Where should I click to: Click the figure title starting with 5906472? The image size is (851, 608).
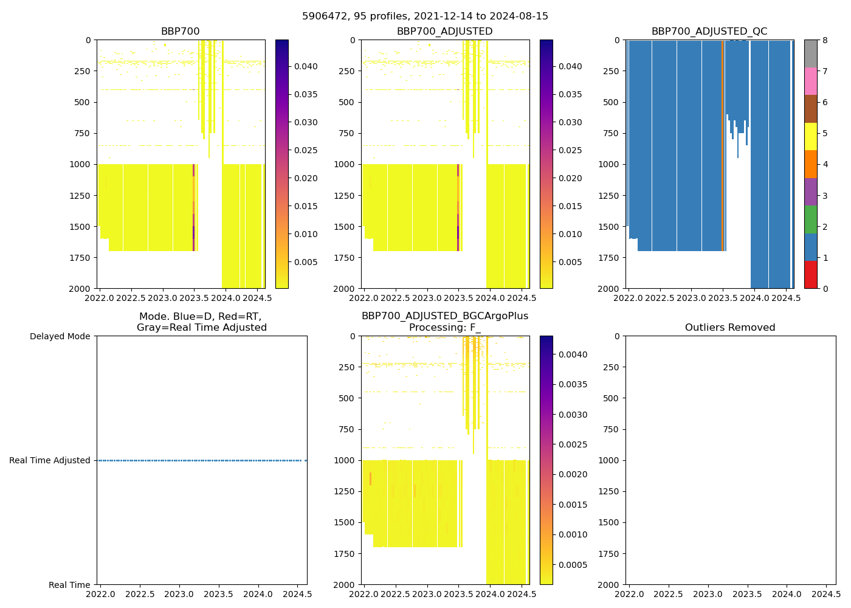pos(425,16)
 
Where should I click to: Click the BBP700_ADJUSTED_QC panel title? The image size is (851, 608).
pos(709,32)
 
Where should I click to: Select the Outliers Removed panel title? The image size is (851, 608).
pos(729,328)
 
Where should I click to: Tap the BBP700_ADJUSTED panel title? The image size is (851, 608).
pos(444,32)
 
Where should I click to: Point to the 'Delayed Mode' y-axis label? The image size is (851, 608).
pos(60,336)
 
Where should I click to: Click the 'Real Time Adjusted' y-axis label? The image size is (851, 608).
pos(49,460)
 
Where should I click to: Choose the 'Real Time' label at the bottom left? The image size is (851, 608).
pos(69,585)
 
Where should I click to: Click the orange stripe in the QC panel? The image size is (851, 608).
pos(722,146)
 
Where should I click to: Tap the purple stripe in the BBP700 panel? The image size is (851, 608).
pos(194,231)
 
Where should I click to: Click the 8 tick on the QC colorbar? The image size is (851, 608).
pos(824,40)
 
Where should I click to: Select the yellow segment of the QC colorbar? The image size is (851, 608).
pos(810,136)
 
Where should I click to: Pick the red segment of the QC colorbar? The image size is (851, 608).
pos(810,274)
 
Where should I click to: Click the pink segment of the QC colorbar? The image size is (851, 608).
pos(810,81)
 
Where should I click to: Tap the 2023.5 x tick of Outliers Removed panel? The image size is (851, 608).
pos(747,593)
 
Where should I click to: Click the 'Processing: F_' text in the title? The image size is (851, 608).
pos(444,328)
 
